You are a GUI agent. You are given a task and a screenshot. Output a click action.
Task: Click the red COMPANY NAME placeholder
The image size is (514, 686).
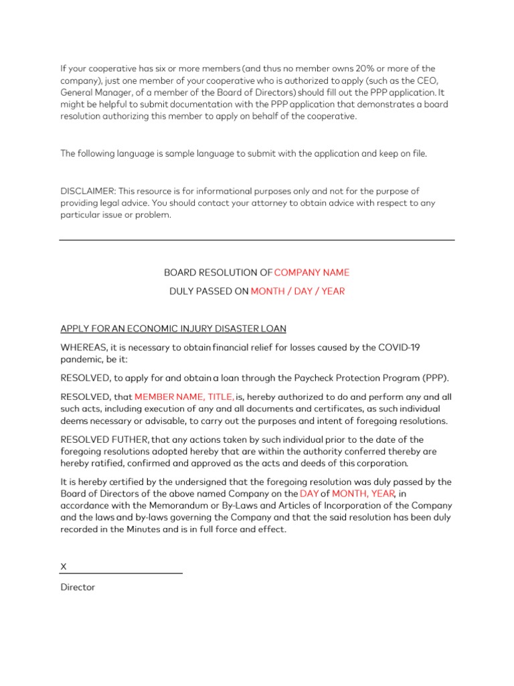pos(312,273)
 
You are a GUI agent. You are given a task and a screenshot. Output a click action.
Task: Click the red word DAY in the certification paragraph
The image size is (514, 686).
pos(309,494)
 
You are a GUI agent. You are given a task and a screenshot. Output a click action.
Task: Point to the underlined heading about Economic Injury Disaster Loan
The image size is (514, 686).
pos(173,328)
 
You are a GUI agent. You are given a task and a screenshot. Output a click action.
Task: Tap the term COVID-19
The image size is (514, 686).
pos(408,347)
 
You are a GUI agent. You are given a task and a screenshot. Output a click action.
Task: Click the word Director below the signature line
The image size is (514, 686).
pos(78,587)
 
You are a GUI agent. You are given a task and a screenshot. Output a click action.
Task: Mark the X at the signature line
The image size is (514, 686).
pos(64,567)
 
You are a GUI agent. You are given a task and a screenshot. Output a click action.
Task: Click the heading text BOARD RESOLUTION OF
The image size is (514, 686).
pos(218,273)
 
